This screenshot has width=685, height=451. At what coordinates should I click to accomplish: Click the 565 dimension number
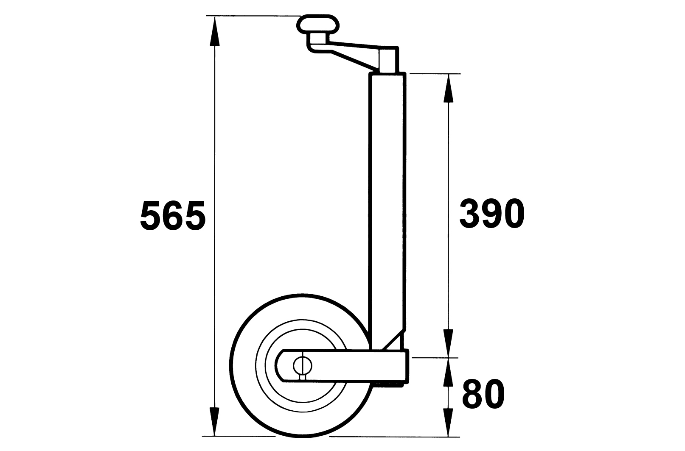tap(173, 216)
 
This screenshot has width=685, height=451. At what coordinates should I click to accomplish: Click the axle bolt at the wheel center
tap(303, 365)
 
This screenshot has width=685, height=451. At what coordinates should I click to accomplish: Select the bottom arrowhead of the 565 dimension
tap(215, 421)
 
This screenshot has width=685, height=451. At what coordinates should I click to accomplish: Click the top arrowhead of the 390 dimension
tap(448, 89)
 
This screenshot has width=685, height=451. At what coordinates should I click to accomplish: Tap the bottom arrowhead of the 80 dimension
tap(448, 422)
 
